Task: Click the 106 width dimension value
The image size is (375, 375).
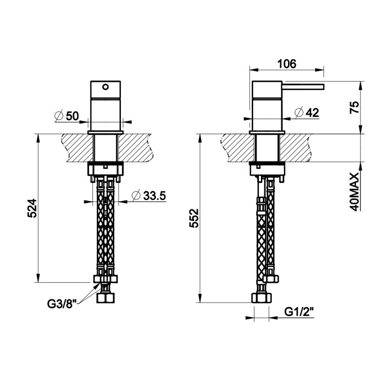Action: (286, 64)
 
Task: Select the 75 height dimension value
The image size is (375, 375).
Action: (354, 107)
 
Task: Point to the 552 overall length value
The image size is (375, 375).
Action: (194, 218)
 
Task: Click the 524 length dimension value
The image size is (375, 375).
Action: (32, 208)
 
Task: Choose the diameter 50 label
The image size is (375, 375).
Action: (67, 116)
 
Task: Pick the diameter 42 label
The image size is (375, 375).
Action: (307, 113)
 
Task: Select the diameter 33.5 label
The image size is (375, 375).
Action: (149, 196)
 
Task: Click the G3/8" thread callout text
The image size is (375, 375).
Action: (61, 304)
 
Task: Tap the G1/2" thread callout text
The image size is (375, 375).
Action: (299, 312)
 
